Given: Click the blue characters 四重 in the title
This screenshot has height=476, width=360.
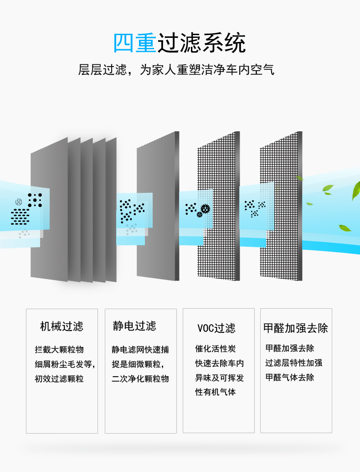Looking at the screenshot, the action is (135, 43).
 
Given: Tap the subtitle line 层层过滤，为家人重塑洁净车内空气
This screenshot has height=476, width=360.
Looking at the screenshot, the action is (176, 70).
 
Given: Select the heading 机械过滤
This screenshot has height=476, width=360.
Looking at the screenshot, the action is (62, 326).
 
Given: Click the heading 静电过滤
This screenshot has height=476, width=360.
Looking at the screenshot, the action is (134, 326).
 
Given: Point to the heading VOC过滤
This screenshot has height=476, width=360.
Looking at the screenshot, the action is (216, 328).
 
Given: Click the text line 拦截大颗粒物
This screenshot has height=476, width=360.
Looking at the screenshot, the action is (59, 350).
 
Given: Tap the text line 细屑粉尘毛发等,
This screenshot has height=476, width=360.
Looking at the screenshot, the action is (65, 364).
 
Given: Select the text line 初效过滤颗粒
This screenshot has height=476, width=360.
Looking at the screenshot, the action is (59, 379).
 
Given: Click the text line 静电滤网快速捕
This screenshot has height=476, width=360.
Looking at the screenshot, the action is (140, 350).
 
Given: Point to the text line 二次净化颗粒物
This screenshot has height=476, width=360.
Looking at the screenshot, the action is (140, 379).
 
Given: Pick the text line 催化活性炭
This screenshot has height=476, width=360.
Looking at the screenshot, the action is (216, 349).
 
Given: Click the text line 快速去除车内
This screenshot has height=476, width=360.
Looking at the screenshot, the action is (220, 363).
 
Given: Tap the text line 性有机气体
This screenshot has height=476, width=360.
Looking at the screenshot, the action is (216, 392).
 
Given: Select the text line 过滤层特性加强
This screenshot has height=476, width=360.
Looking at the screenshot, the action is (294, 363).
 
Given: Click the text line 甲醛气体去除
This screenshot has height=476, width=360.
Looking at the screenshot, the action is (290, 378).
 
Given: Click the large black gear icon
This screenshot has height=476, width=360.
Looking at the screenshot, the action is (205, 209).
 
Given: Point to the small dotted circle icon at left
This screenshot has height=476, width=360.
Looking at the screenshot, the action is (19, 202).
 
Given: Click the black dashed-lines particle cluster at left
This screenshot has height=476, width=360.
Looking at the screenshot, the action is (20, 217).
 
